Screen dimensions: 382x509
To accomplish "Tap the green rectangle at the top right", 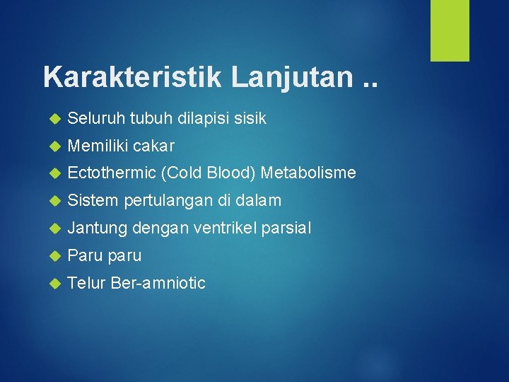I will point(450,30).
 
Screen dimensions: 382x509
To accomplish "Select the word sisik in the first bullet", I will point(248,119).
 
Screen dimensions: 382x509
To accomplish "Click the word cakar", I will point(153,146).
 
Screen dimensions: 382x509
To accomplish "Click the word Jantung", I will point(97,228).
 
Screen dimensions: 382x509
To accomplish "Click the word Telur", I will point(86,284).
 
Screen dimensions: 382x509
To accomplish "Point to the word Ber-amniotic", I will point(158,284).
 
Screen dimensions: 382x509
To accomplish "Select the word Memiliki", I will point(98,146).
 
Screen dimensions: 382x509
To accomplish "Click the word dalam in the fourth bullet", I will point(259,202).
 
